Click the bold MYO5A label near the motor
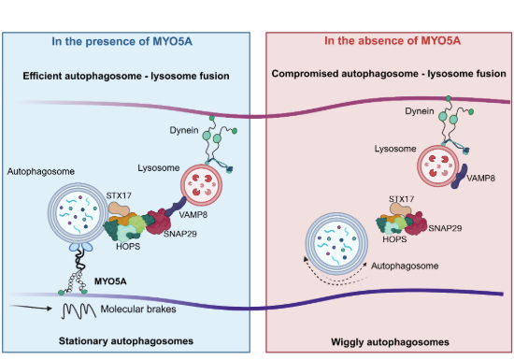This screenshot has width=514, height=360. tap(110, 281)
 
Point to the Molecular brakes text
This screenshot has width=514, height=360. tap(138, 310)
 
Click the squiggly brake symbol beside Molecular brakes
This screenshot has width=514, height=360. tap(79, 310)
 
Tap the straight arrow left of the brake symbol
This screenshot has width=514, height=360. tap(31, 308)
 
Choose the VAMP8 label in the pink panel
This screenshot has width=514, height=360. tap(481, 179)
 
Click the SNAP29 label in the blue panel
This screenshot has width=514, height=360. tap(180, 234)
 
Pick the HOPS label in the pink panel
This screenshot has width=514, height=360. tap(394, 239)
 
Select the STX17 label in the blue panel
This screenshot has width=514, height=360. tap(119, 195)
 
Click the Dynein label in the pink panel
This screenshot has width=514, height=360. tap(420, 111)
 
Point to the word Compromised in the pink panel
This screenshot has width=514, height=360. tap(305, 74)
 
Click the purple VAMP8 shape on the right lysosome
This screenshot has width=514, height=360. tap(459, 177)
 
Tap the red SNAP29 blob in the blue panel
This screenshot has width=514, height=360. tap(158, 222)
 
